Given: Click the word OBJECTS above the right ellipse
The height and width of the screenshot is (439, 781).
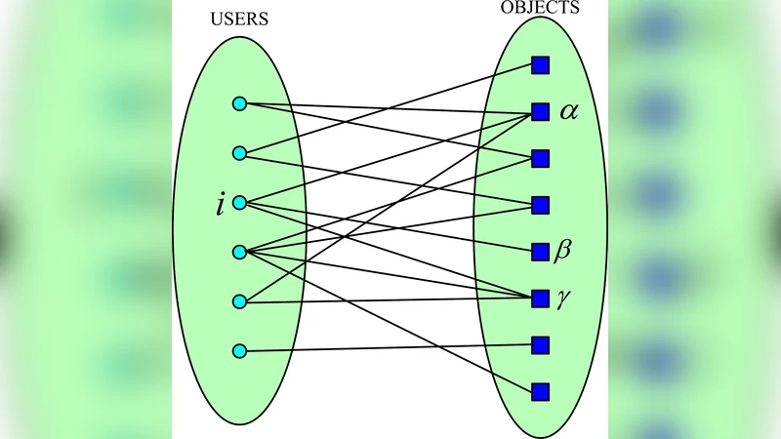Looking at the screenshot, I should [540, 8].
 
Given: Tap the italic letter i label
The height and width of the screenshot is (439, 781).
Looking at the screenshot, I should [221, 205].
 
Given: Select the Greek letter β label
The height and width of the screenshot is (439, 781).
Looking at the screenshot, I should [562, 252].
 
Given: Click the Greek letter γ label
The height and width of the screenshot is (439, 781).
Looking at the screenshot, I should [562, 299].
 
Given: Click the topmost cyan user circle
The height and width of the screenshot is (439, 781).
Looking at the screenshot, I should [239, 103].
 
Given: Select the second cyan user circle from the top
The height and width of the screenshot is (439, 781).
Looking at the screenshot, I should [239, 153].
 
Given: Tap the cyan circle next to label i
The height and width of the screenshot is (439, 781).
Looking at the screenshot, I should [239, 203].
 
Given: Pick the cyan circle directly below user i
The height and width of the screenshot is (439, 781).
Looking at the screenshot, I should [239, 253].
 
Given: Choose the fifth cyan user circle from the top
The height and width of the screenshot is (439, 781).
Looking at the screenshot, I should [239, 302].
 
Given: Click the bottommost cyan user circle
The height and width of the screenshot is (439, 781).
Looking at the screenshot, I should [239, 351].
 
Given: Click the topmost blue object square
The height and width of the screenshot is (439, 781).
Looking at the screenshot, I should [540, 65].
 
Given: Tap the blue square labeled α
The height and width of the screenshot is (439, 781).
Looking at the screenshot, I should [540, 112].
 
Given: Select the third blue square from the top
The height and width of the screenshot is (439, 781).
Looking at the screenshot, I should [540, 158].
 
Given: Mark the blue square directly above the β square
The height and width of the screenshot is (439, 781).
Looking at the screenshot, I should [540, 205].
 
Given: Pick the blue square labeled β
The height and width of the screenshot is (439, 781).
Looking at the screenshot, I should [540, 252].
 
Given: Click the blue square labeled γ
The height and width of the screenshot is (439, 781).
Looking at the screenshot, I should [540, 299].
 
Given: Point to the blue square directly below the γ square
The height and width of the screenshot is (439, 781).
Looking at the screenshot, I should [540, 345].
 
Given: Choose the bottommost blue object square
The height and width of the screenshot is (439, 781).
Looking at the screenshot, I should [540, 392].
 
